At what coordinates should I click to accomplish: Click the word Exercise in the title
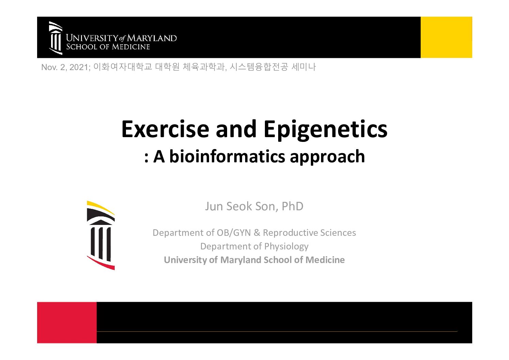click(x=165, y=129)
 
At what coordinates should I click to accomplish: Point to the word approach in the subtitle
click(x=328, y=157)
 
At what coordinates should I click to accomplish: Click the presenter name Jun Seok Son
click(x=241, y=206)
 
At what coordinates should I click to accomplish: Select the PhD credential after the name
click(x=292, y=206)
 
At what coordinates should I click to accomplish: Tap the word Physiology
click(x=286, y=247)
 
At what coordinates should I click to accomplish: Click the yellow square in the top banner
click(x=446, y=37)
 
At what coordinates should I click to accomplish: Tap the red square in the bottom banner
click(x=67, y=323)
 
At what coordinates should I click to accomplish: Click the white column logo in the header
click(x=55, y=38)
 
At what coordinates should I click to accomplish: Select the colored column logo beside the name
click(x=101, y=235)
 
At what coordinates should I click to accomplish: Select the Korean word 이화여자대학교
click(x=123, y=67)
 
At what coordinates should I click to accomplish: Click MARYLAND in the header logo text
click(x=152, y=38)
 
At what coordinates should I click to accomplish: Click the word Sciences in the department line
click(x=338, y=233)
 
